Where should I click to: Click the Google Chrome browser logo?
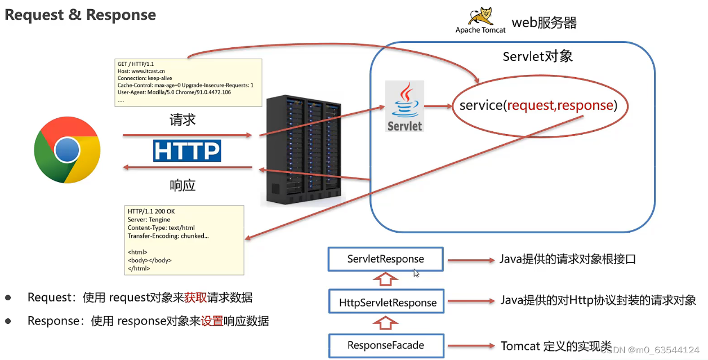67,150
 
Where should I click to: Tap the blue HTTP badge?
187,151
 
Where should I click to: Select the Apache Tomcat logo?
480,20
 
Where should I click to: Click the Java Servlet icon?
404,106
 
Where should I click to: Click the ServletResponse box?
386,259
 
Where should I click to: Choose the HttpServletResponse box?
388,303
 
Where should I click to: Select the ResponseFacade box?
386,345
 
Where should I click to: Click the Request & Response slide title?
81,15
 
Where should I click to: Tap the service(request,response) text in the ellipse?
538,105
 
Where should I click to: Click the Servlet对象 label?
537,57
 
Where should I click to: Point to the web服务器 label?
544,23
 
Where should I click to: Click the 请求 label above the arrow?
182,120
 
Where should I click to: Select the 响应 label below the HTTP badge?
182,185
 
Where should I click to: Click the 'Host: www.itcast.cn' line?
141,71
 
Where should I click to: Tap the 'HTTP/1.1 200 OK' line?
151,211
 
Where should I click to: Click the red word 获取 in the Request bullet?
195,297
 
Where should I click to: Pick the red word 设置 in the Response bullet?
212,321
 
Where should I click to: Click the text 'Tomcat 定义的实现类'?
556,346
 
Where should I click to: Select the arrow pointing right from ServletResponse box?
470,260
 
